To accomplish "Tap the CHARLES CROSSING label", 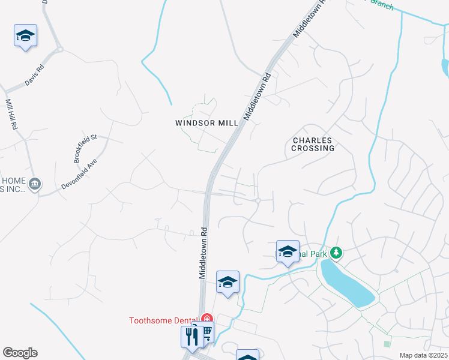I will pyautogui.click(x=313, y=144).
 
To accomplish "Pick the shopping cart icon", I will pyautogui.click(x=205, y=332).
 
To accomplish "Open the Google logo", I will pyautogui.click(x=20, y=353).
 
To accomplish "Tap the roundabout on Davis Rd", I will pyautogui.click(x=59, y=50).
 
